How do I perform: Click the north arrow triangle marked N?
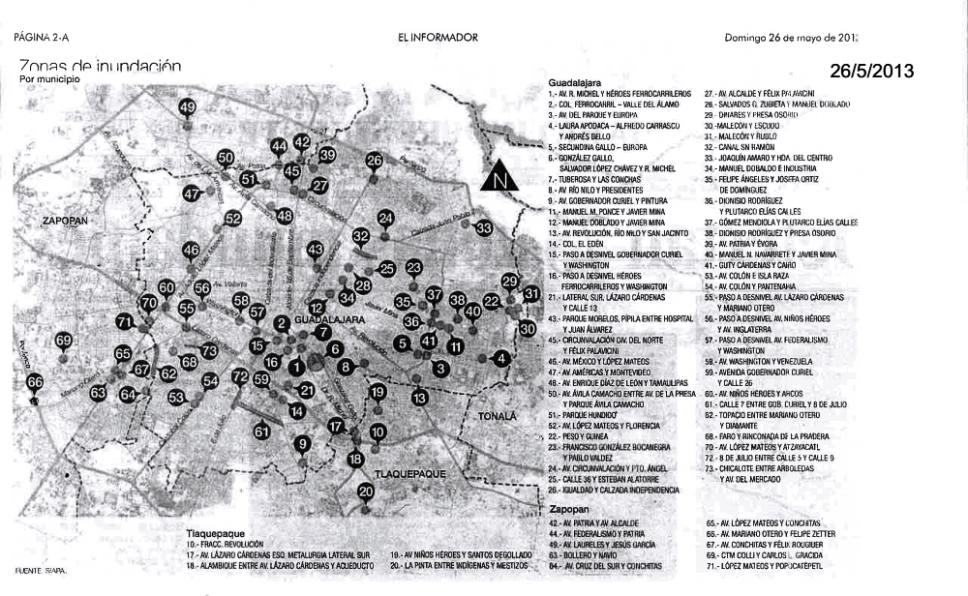pyautogui.click(x=499, y=177)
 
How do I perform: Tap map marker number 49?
pyautogui.click(x=187, y=107)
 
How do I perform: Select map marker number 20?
pyautogui.click(x=366, y=492)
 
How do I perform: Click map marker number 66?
pyautogui.click(x=35, y=382)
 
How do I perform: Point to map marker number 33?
pyautogui.click(x=484, y=228)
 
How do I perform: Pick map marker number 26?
pyautogui.click(x=375, y=161)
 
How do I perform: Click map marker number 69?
pyautogui.click(x=64, y=341)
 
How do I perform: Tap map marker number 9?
pyautogui.click(x=303, y=444)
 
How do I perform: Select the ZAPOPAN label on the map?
pyautogui.click(x=65, y=222)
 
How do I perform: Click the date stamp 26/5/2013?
pyautogui.click(x=871, y=71)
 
